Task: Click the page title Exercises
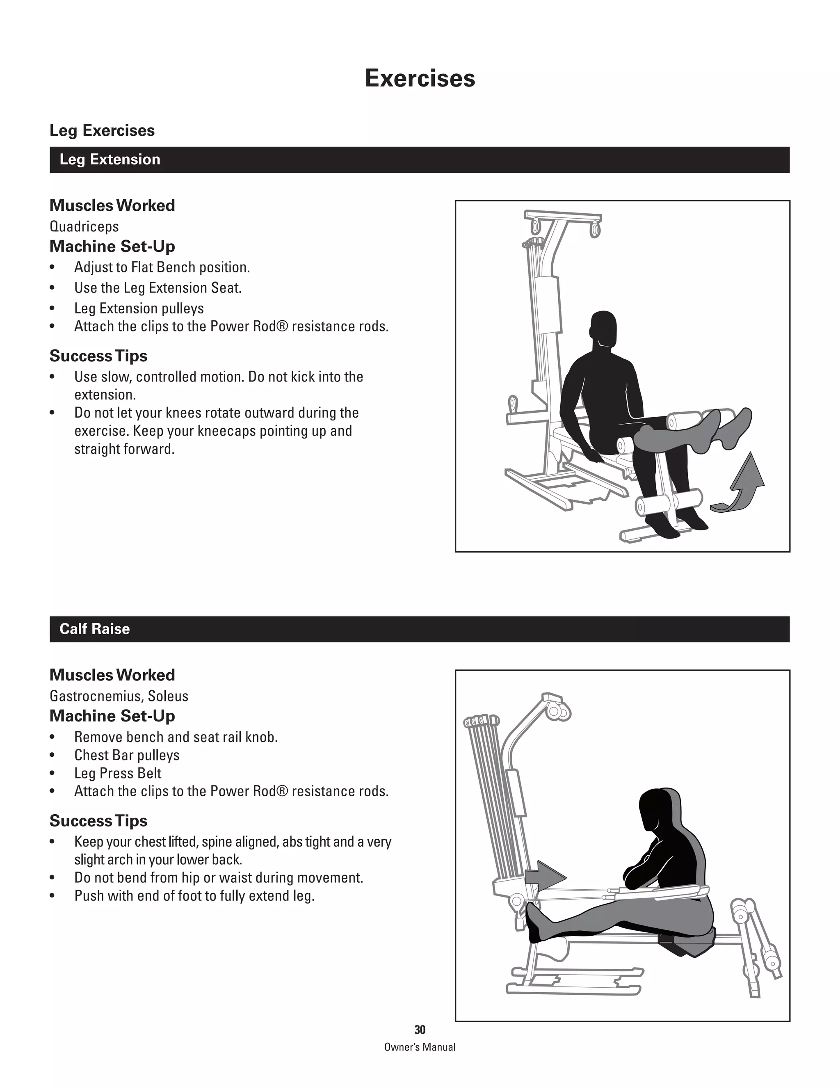pos(420,78)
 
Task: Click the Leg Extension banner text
pos(110,160)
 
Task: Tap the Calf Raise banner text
pos(95,629)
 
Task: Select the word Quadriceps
pos(84,226)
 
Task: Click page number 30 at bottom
pos(420,1030)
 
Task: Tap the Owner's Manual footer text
pos(420,1047)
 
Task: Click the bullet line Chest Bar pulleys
pos(126,755)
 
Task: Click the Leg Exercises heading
pos(102,130)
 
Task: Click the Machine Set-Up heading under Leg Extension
pos(112,247)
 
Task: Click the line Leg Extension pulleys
pos(139,308)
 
